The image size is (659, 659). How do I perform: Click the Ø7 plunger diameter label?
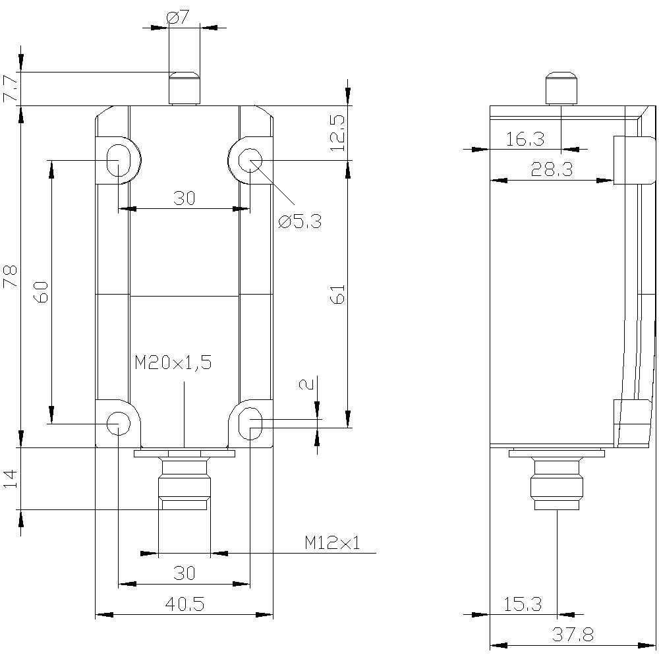coord(179,18)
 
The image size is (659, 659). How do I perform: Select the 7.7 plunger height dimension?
coord(11,89)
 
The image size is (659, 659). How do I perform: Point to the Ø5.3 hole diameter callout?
coord(300,221)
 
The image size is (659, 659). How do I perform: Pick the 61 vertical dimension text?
coord(337,295)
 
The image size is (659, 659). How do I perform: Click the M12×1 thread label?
coord(332,542)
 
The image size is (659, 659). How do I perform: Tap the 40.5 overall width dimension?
coord(185,604)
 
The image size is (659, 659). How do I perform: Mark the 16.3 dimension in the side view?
coord(525,139)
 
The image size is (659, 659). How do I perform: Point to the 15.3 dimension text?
coord(523,604)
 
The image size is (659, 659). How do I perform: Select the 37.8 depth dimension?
coord(572,635)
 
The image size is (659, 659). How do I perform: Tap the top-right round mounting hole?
coord(250,159)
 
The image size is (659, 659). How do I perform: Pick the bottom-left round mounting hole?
coord(118,421)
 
